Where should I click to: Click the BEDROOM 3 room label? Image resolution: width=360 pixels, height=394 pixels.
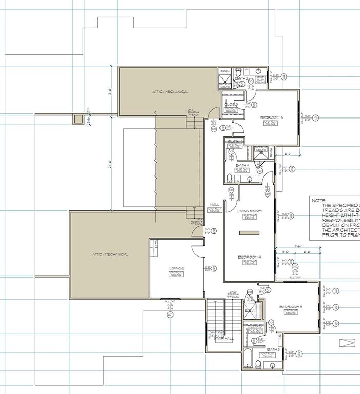(x=271, y=118)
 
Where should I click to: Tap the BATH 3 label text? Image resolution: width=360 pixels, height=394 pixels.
(x=242, y=78)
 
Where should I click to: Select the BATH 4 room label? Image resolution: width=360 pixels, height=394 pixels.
(x=242, y=165)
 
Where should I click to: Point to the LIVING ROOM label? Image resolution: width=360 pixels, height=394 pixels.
(x=250, y=211)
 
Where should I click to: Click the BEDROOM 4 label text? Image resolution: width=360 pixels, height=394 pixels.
(x=250, y=257)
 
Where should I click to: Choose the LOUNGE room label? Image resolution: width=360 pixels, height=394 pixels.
(x=176, y=268)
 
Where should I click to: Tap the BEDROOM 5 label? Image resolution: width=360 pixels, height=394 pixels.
(x=291, y=307)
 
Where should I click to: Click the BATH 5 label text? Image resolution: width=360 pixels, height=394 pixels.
(x=272, y=349)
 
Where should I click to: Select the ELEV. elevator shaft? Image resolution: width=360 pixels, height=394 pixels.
(x=250, y=311)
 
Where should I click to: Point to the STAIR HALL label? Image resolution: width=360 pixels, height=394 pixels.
(x=224, y=338)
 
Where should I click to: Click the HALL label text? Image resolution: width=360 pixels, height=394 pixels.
(x=215, y=205)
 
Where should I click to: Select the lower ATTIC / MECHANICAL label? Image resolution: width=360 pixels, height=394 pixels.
(x=110, y=254)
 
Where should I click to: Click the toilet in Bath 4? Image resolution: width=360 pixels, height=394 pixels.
(x=229, y=178)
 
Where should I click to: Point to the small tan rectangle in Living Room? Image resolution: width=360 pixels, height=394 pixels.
(x=250, y=233)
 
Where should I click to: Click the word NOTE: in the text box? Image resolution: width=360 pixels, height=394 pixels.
(x=318, y=201)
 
